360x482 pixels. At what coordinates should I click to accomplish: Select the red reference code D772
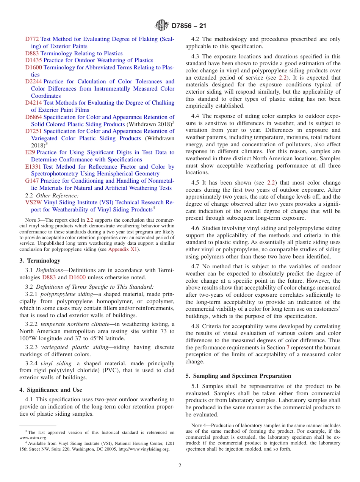click(32, 39)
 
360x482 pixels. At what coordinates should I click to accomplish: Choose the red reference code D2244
click(33, 81)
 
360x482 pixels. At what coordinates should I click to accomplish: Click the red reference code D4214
click(33, 103)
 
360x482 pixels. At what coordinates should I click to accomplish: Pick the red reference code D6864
click(33, 117)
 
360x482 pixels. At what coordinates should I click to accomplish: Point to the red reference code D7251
click(33, 131)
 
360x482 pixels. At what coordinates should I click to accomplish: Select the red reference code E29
click(30, 152)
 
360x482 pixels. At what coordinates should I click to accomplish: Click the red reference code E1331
click(33, 167)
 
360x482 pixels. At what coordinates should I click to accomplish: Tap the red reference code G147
click(32, 181)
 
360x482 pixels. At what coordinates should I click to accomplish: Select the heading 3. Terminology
click(40, 261)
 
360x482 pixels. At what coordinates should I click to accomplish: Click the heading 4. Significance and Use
click(51, 390)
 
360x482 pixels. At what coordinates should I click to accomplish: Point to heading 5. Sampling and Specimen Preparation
click(238, 376)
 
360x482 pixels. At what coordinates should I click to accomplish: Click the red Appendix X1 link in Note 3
click(123, 249)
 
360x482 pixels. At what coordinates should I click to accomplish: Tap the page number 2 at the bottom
click(180, 466)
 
